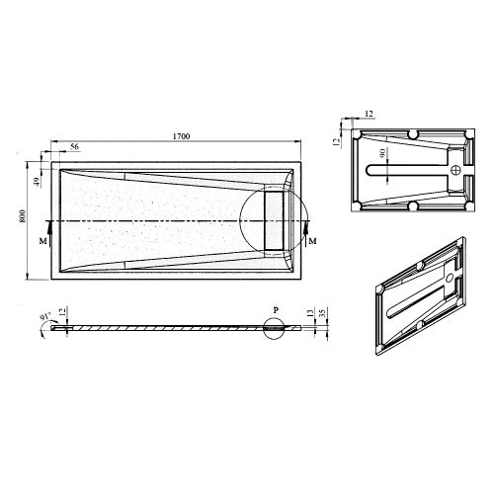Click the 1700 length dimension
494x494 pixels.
point(180,135)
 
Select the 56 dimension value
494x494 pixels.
point(75,147)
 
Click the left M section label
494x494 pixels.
point(41,239)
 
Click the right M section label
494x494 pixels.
point(313,240)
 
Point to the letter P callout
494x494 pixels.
point(278,309)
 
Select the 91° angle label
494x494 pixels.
point(44,317)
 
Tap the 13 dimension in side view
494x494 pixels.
point(311,316)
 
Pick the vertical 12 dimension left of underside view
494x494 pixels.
point(336,142)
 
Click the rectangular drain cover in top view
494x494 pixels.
point(274,219)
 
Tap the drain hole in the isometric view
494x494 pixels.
point(450,280)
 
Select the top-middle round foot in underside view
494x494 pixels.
point(410,134)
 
